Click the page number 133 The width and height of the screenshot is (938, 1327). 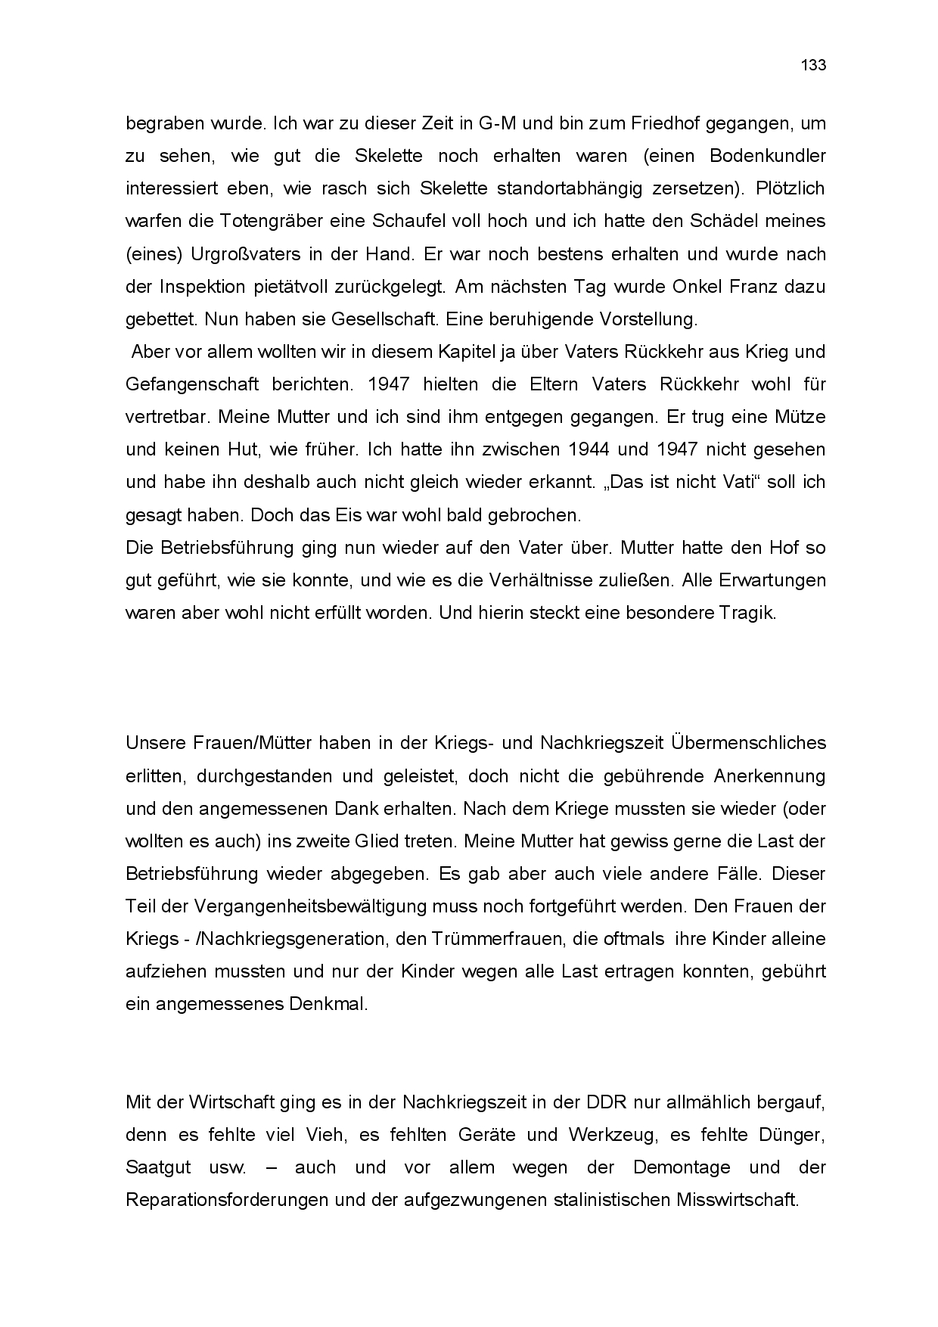(x=813, y=65)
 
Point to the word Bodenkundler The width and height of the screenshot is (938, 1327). (x=768, y=156)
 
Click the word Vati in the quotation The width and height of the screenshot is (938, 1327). (x=735, y=482)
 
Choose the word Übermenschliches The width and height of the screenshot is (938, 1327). (x=748, y=743)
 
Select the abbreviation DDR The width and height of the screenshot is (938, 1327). (x=607, y=1102)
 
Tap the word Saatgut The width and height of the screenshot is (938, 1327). (x=158, y=1167)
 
